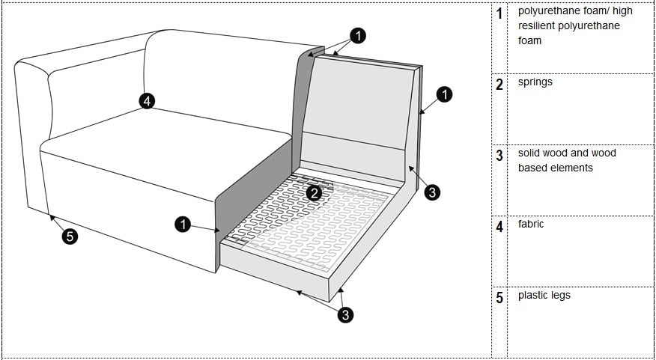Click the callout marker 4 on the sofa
(148, 101)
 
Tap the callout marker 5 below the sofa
(70, 237)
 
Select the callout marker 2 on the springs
(315, 192)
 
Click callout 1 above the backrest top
(359, 36)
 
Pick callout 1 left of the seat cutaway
(183, 224)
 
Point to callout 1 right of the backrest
(444, 95)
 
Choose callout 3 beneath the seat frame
(345, 315)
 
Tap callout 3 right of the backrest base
(432, 192)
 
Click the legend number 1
(499, 14)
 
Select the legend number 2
(499, 85)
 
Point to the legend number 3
(499, 156)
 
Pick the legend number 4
(499, 227)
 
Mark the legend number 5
(499, 298)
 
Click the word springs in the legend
(535, 82)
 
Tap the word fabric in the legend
(531, 224)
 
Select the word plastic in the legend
(534, 295)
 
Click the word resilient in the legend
(538, 26)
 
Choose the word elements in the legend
(568, 168)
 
